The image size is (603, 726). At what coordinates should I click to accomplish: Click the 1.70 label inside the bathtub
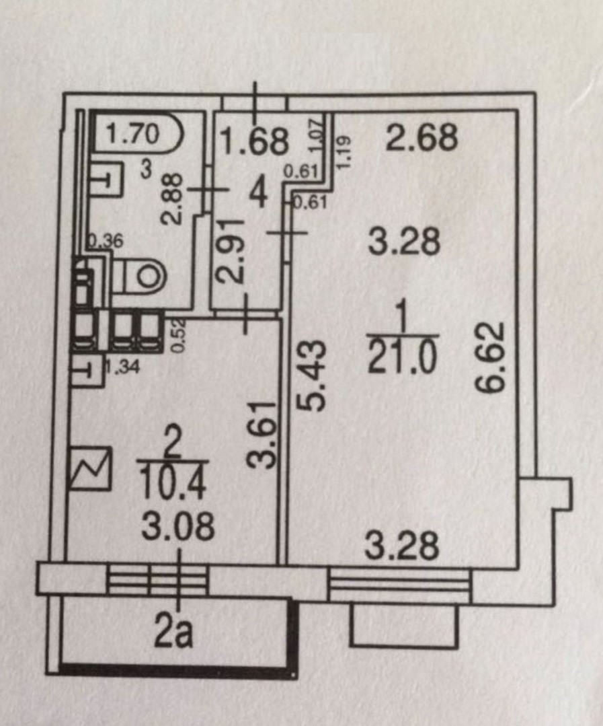tap(133, 134)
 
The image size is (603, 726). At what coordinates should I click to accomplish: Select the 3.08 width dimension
tap(177, 526)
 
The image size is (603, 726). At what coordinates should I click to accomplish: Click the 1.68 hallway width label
tap(255, 141)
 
